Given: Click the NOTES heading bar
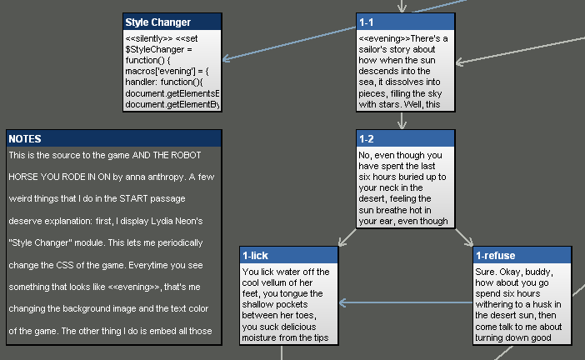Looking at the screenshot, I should pos(113,138).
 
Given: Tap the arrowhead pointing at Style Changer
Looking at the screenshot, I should pos(227,59).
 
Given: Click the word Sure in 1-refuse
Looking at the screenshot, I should pos(487,272).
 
